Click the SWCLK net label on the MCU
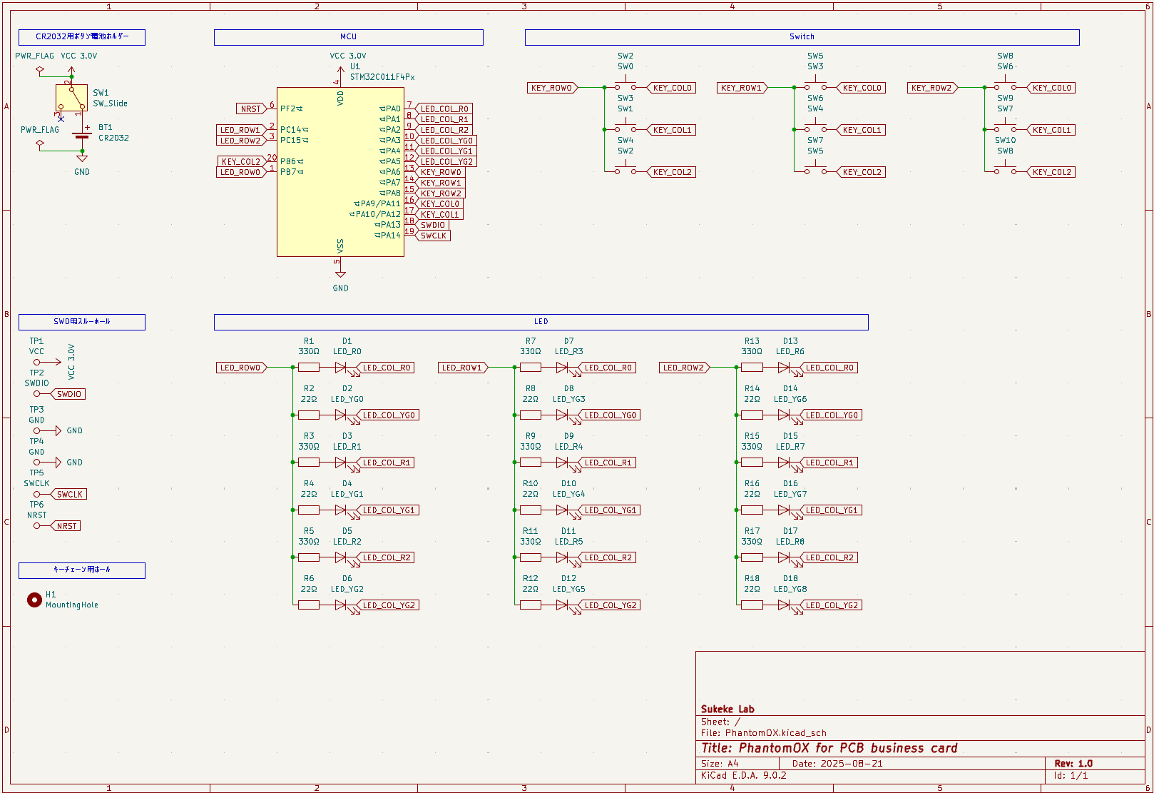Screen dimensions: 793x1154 tap(433, 236)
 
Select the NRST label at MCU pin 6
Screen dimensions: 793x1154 tap(251, 108)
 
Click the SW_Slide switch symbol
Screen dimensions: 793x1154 tap(71, 99)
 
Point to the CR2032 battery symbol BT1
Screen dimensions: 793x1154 tap(82, 136)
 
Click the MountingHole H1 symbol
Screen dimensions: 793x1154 tap(34, 600)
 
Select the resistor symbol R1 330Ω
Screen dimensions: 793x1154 tap(309, 368)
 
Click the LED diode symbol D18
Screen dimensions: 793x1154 tap(784, 605)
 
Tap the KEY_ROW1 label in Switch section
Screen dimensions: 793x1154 tap(742, 88)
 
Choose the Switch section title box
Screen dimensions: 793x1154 tap(802, 37)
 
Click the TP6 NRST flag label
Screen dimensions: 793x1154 tap(66, 526)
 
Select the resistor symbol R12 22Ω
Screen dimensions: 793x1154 tap(531, 605)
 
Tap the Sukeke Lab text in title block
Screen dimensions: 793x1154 tap(727, 709)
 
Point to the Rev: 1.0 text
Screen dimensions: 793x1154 tap(1073, 763)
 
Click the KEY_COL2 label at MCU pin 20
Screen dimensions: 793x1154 tap(241, 161)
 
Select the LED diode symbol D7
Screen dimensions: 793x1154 tap(562, 368)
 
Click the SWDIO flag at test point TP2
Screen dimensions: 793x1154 tap(68, 394)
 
